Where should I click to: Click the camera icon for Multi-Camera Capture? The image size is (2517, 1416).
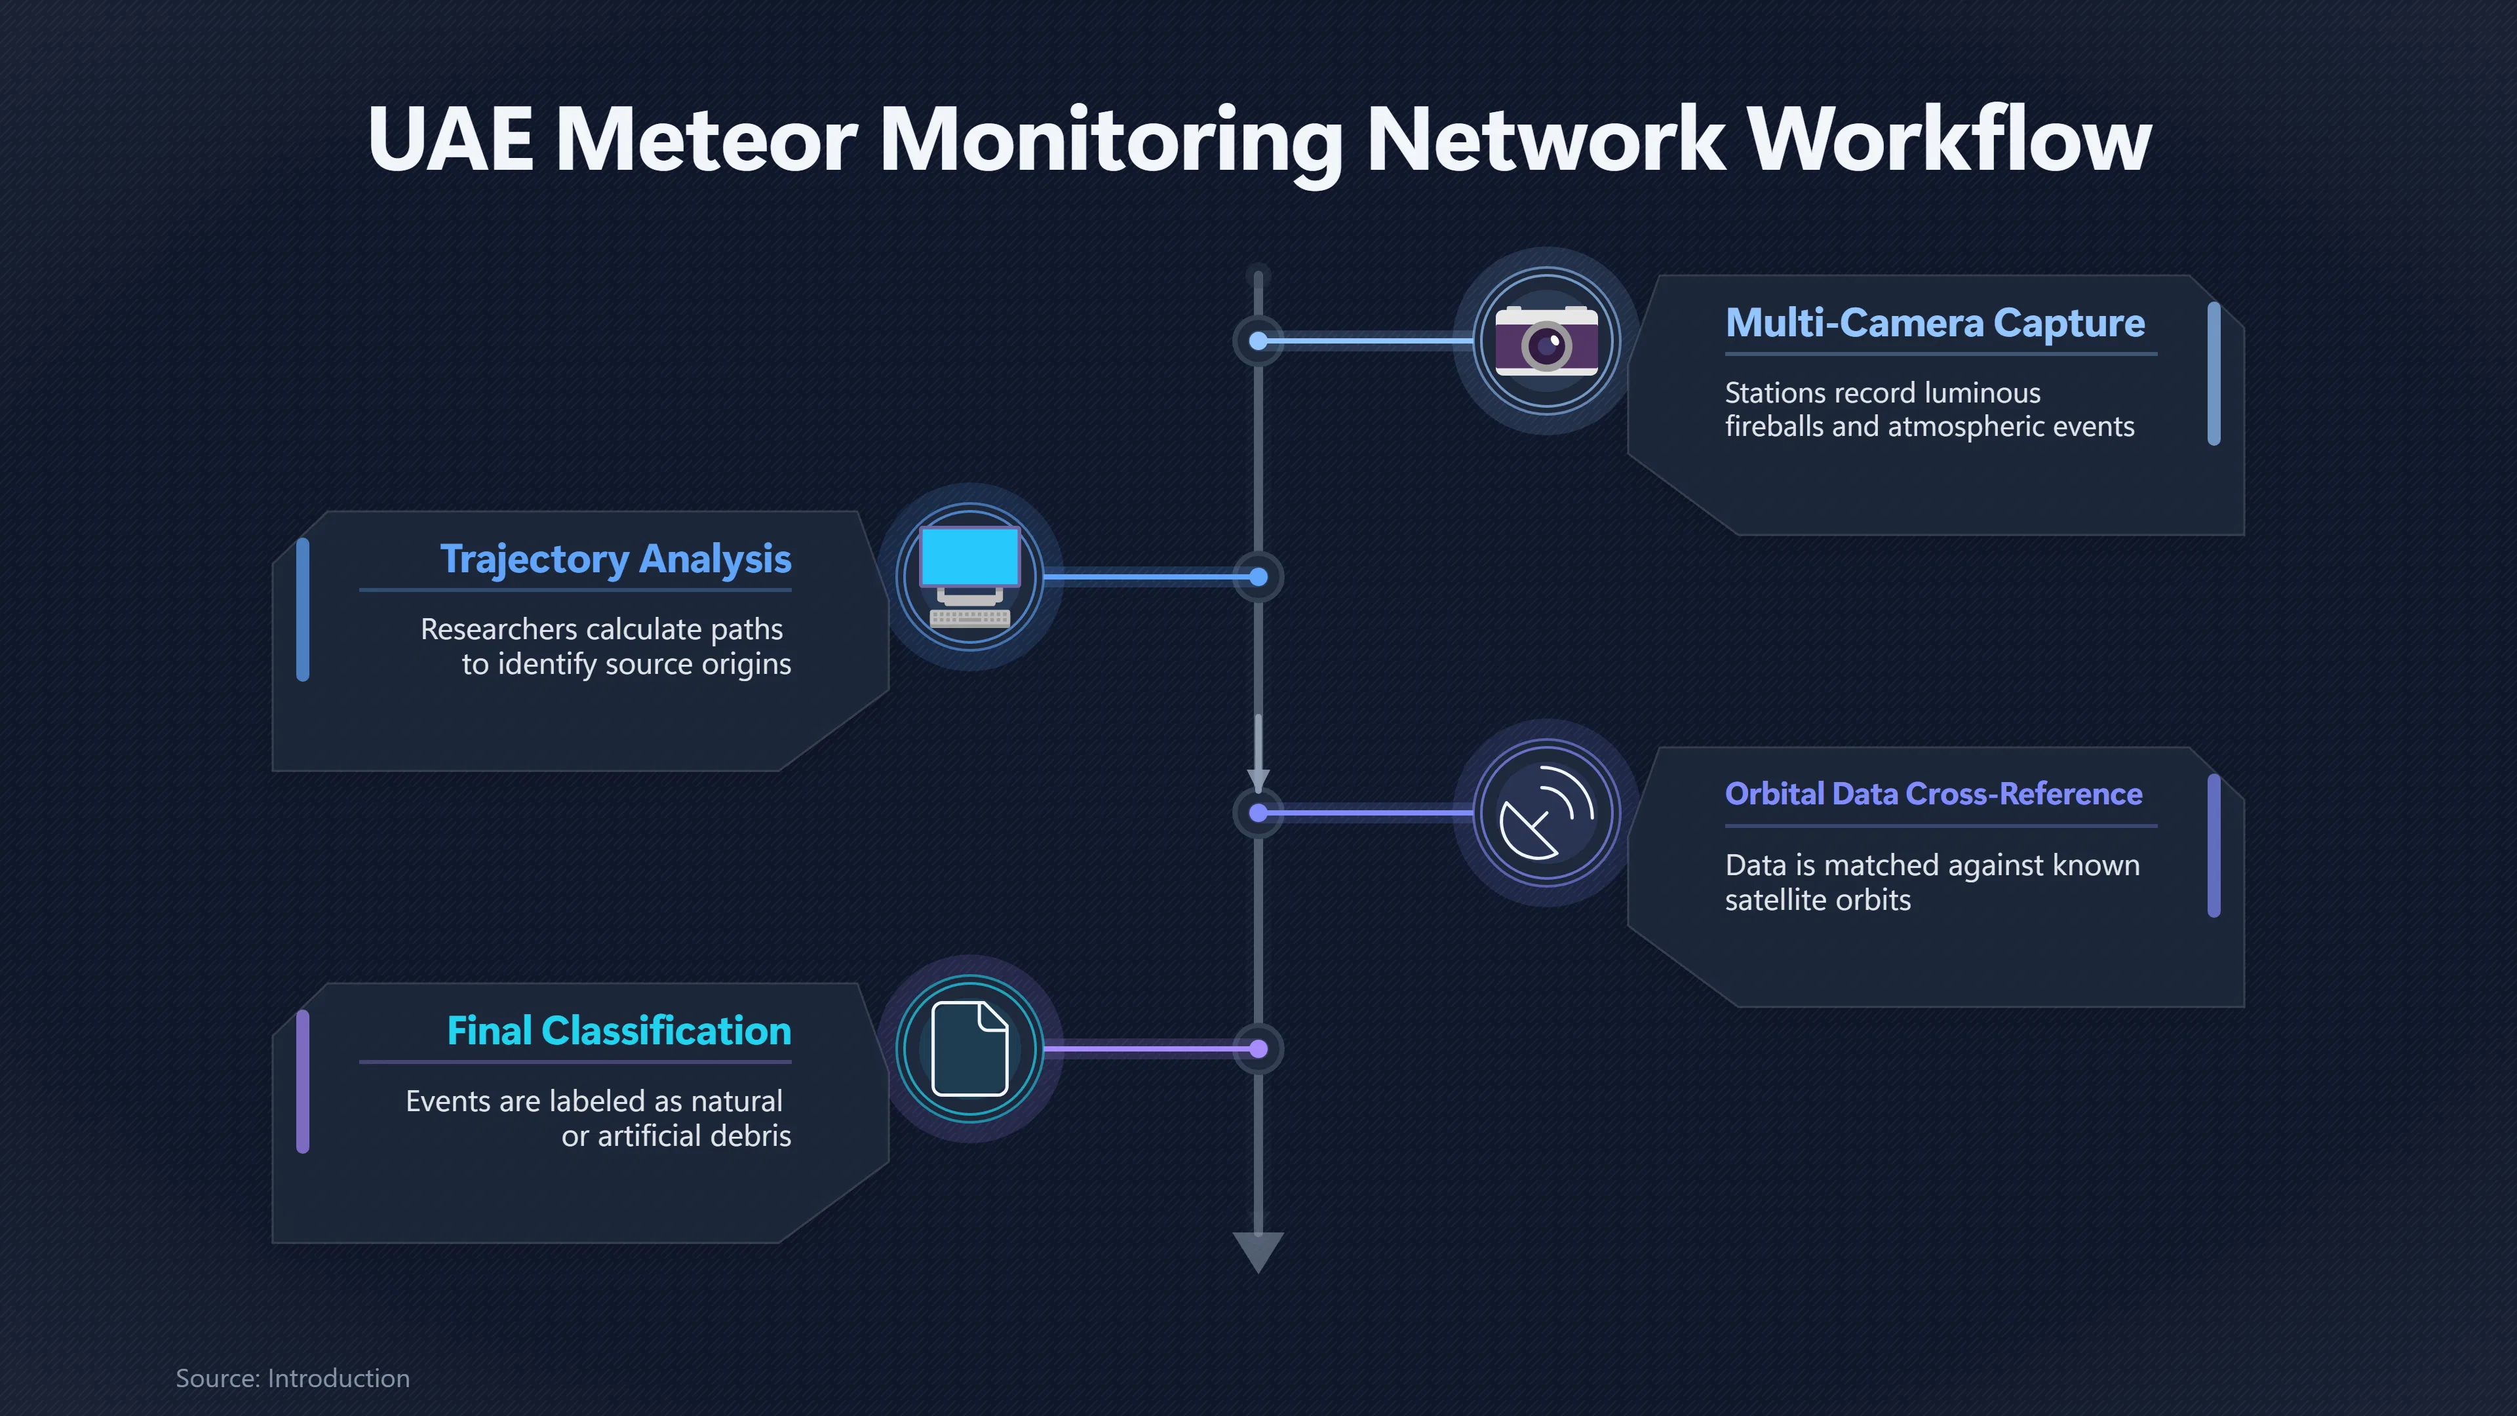[1547, 341]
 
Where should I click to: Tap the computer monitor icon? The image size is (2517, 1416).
[970, 577]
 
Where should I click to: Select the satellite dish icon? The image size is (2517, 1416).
[1547, 813]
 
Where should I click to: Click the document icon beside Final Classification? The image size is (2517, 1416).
[970, 1049]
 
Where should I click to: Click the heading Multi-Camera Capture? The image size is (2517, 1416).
[1935, 323]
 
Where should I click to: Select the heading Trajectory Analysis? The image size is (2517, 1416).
[615, 559]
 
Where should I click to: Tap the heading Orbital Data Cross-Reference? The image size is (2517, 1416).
[1934, 793]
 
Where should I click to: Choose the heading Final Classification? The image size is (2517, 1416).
[619, 1031]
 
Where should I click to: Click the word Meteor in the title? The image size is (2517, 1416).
[707, 140]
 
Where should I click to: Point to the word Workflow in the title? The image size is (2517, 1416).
[1949, 140]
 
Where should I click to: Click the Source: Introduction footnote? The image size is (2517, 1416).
[293, 1378]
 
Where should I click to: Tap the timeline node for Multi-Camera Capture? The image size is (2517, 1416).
[1258, 341]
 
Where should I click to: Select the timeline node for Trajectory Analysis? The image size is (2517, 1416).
[1258, 578]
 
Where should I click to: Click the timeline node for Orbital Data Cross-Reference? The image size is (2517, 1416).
[1258, 813]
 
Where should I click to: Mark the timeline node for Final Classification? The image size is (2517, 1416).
[1258, 1049]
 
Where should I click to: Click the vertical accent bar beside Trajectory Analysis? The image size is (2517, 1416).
[303, 610]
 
